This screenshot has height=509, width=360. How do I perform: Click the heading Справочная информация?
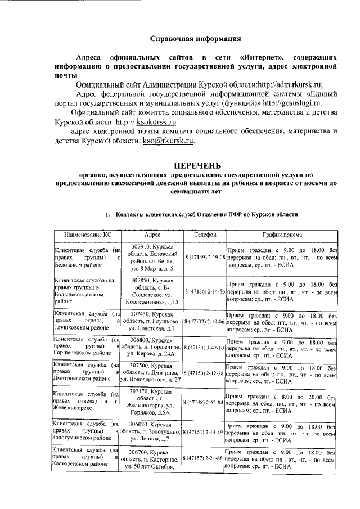click(x=196, y=39)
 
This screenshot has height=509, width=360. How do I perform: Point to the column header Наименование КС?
click(x=87, y=235)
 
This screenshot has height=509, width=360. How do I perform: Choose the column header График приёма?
click(x=282, y=235)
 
